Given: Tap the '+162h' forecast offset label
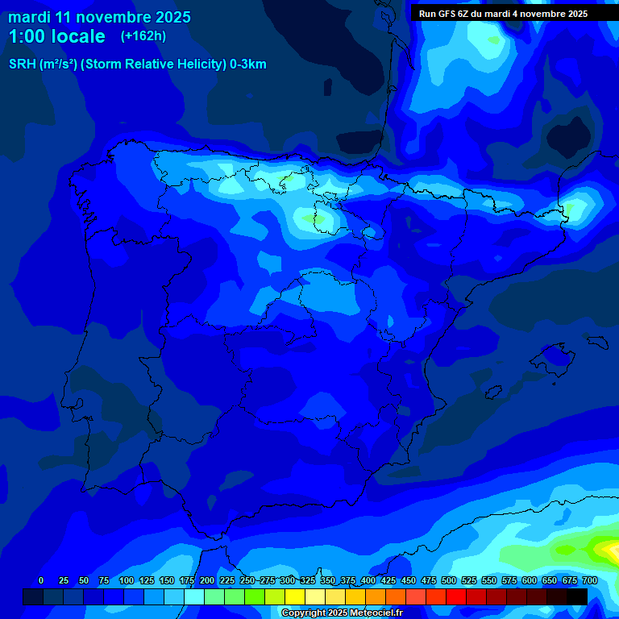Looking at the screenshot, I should coord(143,35).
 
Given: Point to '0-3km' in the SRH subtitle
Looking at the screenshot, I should coord(247,64).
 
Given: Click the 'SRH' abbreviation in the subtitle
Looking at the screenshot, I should coord(22,64).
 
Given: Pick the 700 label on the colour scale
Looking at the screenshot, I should coord(589,580).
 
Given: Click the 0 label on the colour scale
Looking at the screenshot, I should coord(41,580).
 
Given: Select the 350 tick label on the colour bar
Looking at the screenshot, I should coord(327,580).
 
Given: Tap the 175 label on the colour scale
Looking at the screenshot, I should coord(186,580).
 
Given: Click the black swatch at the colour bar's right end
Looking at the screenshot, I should coord(577,596).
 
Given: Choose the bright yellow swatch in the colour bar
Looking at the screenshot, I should coord(295,596).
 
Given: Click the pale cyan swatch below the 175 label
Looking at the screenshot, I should coord(194,596).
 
